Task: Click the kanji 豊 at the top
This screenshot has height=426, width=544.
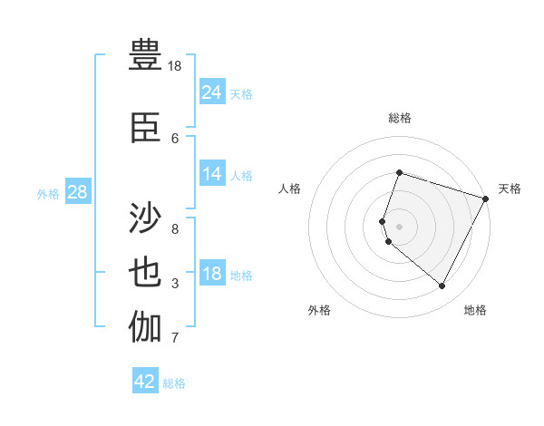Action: pos(146,53)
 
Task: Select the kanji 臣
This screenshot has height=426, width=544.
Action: pos(146,127)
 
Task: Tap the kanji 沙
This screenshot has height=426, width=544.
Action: pos(146,219)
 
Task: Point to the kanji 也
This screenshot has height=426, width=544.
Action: pos(146,273)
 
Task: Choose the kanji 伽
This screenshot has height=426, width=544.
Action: pos(146,327)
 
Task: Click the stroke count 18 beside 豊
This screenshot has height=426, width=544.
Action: pos(175,66)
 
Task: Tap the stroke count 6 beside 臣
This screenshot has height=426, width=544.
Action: pos(175,138)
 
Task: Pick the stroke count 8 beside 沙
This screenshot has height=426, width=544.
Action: pos(175,228)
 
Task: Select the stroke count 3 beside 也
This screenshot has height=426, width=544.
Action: pos(175,284)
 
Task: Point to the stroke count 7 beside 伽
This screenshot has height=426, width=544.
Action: pos(175,338)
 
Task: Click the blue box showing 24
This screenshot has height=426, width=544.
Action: pos(212,92)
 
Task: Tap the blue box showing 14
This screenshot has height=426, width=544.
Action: pos(212,175)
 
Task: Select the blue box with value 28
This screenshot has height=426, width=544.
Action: pos(76,193)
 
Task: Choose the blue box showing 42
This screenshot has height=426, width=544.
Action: pos(145,382)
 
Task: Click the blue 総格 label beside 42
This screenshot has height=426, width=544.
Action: pos(174,383)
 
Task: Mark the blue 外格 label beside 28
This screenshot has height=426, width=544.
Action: pos(48,194)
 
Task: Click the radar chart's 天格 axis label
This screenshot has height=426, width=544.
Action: pos(510,189)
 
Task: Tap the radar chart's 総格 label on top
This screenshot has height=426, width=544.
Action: pos(399,118)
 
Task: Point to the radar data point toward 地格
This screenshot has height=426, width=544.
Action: pos(442,286)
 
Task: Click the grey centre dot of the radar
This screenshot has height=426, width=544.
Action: pos(399,226)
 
